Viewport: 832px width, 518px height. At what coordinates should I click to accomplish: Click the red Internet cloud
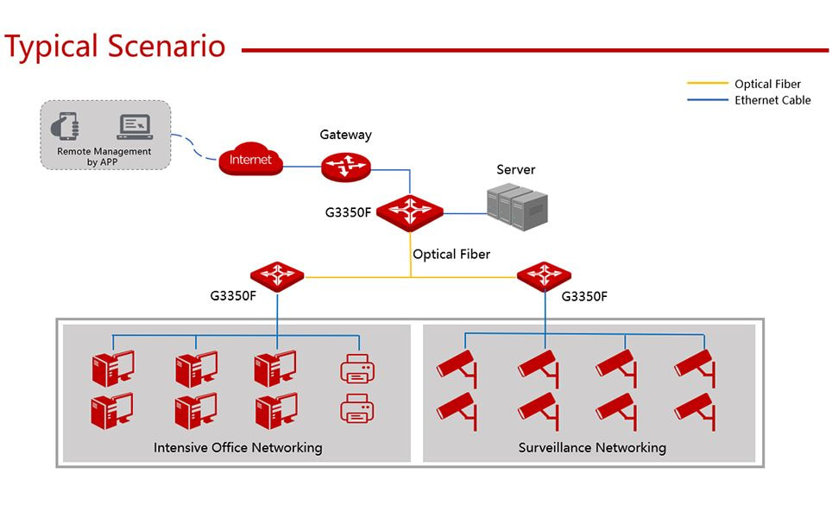click(x=250, y=160)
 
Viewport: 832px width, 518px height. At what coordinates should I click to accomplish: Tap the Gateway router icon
click(x=345, y=166)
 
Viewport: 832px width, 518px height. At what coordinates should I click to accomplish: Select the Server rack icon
click(x=517, y=206)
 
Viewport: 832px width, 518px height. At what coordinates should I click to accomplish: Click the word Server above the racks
click(x=515, y=170)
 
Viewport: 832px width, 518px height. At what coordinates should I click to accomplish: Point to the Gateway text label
click(x=345, y=135)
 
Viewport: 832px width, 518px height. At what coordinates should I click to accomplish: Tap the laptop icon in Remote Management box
click(x=134, y=127)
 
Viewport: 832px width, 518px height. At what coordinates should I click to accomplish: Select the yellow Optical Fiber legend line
click(x=707, y=84)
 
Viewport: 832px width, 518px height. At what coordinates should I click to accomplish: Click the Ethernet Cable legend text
click(x=772, y=100)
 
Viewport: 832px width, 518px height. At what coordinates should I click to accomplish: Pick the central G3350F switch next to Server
click(x=410, y=211)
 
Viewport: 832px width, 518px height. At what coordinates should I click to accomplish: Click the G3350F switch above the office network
click(x=277, y=275)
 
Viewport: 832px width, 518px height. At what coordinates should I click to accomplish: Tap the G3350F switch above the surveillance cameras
click(x=544, y=275)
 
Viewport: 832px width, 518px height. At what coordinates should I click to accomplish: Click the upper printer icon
click(x=358, y=369)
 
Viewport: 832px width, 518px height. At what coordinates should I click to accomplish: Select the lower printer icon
click(x=358, y=408)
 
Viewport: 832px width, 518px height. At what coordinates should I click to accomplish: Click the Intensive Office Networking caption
click(x=237, y=447)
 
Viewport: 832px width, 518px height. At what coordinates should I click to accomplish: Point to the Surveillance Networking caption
click(x=592, y=447)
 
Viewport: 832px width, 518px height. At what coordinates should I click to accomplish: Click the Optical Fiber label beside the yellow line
click(x=451, y=254)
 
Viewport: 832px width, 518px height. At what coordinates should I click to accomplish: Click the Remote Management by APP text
click(x=104, y=156)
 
